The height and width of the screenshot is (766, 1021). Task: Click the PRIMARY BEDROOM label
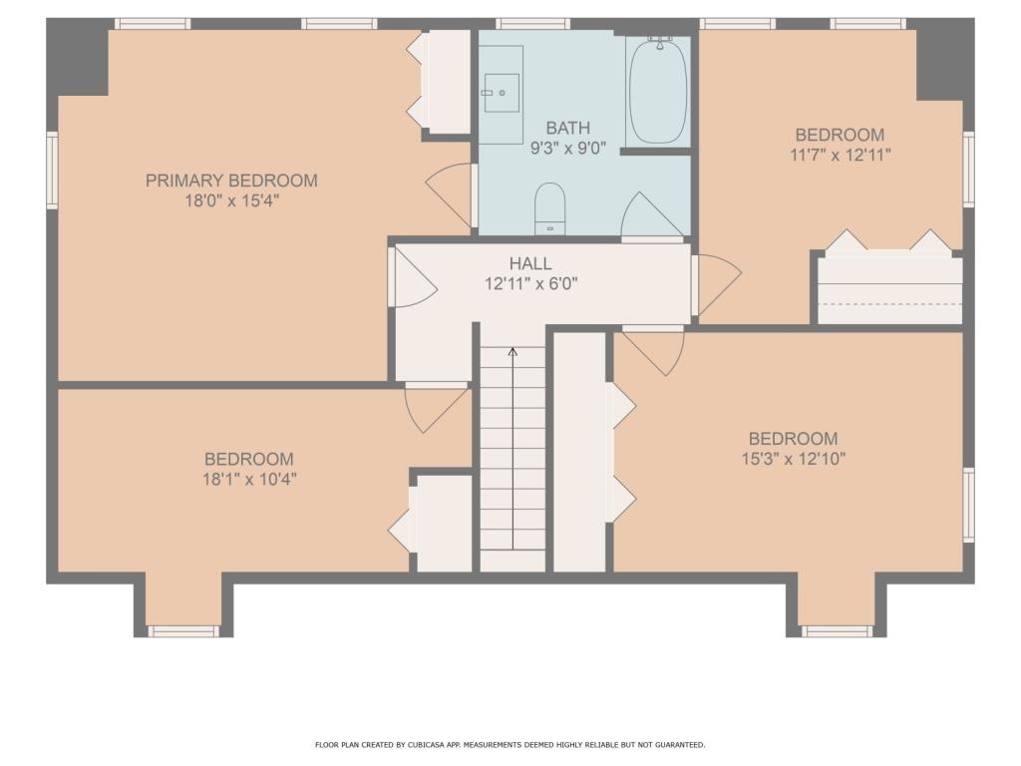(x=231, y=181)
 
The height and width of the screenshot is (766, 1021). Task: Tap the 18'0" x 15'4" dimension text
(x=231, y=200)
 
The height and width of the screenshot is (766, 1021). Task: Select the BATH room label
(x=567, y=128)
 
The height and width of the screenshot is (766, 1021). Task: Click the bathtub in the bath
(x=658, y=91)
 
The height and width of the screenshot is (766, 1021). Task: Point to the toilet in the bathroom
(x=549, y=208)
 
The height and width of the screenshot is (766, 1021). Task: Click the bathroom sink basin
(x=501, y=93)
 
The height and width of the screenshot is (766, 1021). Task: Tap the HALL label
(x=530, y=263)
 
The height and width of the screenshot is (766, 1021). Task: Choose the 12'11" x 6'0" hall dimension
(x=531, y=284)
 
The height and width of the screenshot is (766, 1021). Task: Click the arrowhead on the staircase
(x=512, y=352)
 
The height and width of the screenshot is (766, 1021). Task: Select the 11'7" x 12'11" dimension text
(x=840, y=155)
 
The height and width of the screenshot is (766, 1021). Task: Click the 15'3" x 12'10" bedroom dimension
(x=793, y=459)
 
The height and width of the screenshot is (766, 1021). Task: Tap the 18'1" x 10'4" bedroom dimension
(x=249, y=480)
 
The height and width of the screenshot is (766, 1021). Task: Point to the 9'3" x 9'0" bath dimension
(x=567, y=149)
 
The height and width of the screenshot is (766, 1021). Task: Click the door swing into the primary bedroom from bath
(x=449, y=193)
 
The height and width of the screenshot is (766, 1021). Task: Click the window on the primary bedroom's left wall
(x=52, y=170)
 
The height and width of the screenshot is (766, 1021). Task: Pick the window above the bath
(x=532, y=24)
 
